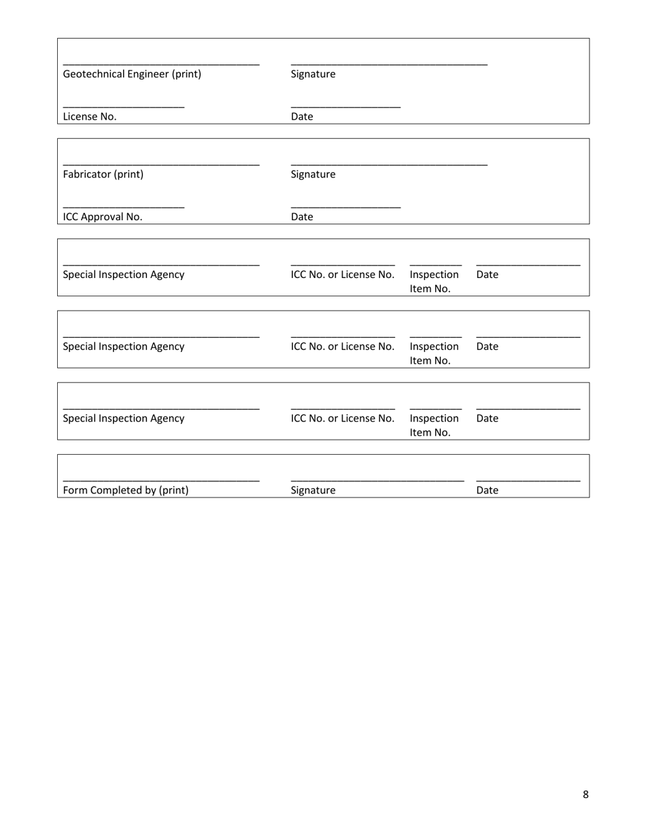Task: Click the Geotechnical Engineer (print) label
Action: click(x=132, y=74)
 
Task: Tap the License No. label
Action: click(x=90, y=116)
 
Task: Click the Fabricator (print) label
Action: click(x=103, y=174)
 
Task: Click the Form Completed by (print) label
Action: click(x=126, y=490)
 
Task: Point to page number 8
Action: click(x=585, y=795)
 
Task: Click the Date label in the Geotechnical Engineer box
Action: click(x=302, y=116)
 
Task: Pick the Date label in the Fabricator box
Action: click(x=302, y=217)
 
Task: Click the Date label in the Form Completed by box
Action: click(x=488, y=490)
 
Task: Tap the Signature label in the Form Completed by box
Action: click(x=313, y=490)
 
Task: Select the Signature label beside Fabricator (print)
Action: click(x=313, y=174)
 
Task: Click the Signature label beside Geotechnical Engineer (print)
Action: click(x=313, y=74)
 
